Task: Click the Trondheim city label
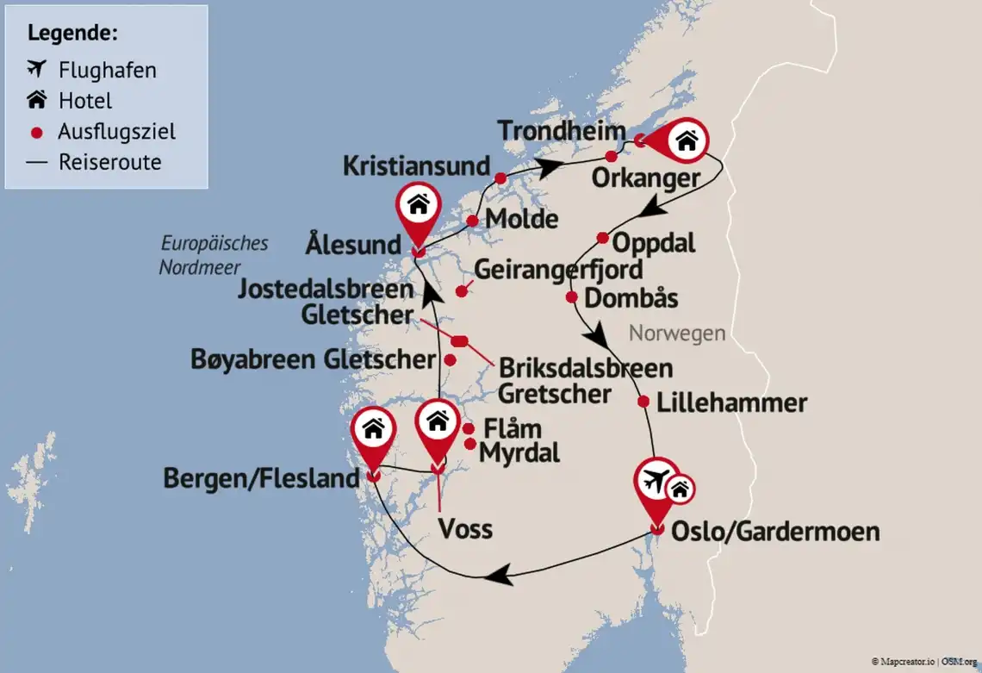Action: click(x=561, y=132)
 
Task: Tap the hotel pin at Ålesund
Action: click(x=418, y=206)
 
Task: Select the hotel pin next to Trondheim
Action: click(x=686, y=141)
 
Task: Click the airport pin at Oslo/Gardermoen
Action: click(x=656, y=482)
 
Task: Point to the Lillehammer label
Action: click(x=731, y=402)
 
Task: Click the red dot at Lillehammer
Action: click(x=643, y=402)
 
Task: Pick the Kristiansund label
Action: click(x=416, y=165)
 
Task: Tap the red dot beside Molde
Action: click(x=472, y=221)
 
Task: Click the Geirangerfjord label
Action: click(x=558, y=270)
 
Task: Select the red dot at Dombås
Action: click(x=571, y=298)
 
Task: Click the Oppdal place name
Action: click(x=654, y=242)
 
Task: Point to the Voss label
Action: click(x=465, y=527)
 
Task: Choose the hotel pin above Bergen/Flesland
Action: click(x=373, y=428)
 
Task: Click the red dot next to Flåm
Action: click(x=469, y=429)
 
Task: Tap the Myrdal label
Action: click(x=519, y=452)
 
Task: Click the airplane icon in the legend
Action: click(x=36, y=69)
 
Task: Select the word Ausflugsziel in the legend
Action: click(x=117, y=132)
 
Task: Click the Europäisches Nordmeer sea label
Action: click(x=214, y=255)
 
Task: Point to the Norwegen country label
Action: click(x=677, y=333)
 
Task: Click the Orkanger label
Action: click(x=645, y=178)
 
